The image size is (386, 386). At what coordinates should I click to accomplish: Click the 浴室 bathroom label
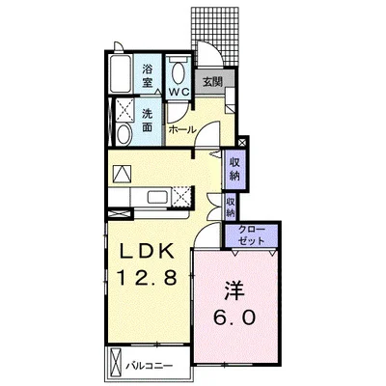147,76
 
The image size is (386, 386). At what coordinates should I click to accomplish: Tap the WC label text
179,92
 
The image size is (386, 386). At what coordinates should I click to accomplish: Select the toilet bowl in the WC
178,72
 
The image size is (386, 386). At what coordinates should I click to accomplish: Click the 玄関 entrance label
212,82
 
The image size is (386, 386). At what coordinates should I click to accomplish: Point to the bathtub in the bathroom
121,74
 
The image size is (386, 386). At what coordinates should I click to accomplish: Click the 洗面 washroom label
147,121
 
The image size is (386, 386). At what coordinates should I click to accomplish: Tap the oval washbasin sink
124,135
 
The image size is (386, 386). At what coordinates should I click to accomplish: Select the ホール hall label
182,129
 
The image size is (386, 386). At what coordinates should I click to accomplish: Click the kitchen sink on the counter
157,197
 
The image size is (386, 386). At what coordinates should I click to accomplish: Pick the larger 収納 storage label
234,169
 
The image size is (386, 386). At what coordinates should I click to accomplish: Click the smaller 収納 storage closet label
231,207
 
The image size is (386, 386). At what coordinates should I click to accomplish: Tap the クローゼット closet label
252,235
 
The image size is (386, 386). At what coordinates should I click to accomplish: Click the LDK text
148,251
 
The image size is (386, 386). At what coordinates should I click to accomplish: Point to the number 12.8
147,277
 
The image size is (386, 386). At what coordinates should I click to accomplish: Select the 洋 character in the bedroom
234,290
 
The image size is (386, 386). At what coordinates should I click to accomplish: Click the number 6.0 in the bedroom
234,317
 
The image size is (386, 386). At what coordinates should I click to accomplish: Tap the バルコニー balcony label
150,366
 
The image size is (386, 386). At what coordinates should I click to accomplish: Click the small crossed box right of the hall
243,142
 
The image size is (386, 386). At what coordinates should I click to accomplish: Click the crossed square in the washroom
124,110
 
